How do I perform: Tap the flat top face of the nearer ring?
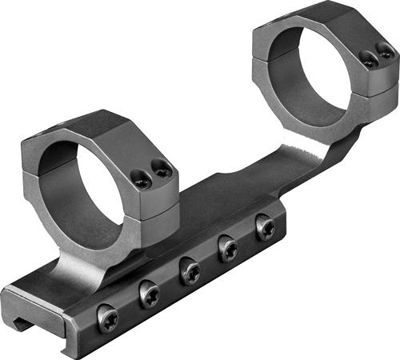click(x=104, y=126)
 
